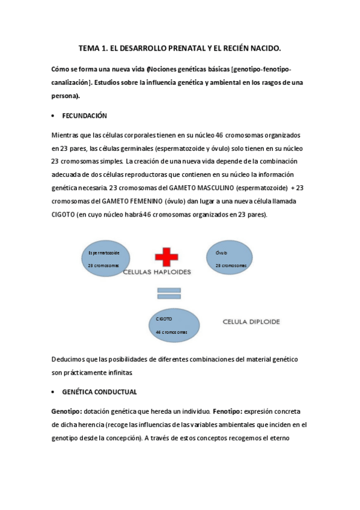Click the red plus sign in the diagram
click(x=166, y=254)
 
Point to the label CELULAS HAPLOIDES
click(x=157, y=272)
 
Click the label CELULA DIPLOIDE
click(x=251, y=322)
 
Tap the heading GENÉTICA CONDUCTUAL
click(x=99, y=392)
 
